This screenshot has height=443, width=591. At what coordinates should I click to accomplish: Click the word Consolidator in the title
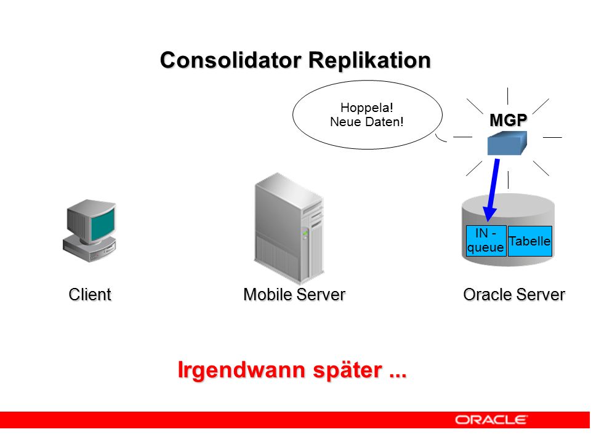coord(231,60)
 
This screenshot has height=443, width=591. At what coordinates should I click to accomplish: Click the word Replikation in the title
coord(369,60)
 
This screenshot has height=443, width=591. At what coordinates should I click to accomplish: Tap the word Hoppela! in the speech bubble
coord(367,108)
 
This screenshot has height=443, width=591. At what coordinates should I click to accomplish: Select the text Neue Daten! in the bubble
coord(367,122)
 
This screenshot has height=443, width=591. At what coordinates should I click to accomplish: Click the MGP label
coord(508,120)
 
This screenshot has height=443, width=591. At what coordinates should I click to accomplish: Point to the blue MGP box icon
coord(507,143)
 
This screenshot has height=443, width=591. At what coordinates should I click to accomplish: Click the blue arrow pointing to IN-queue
coord(493,190)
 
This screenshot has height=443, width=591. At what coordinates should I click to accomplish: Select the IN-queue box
coord(486,241)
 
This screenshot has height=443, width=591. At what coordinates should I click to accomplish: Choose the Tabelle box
coord(530,241)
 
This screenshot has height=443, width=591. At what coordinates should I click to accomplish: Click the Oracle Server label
coord(514,295)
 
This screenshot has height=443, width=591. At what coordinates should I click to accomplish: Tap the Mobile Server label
coord(294,295)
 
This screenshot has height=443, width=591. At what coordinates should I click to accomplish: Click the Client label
coord(90,295)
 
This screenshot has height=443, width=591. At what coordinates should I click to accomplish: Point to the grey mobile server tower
coord(289,228)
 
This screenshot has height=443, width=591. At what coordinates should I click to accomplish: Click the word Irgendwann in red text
coord(241,370)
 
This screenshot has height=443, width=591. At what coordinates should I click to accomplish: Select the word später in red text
coord(347,370)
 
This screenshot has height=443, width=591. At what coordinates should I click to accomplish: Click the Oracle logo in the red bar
coord(491,420)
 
